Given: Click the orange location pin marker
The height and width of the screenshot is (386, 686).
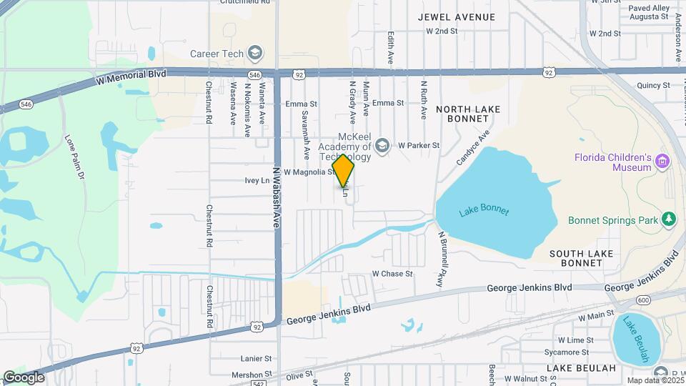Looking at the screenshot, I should [344, 171].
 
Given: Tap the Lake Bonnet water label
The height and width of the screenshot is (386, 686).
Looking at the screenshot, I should [484, 211].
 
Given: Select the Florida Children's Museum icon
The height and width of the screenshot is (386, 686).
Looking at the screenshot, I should [662, 162].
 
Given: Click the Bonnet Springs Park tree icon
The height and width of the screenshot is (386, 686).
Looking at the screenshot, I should [668, 219].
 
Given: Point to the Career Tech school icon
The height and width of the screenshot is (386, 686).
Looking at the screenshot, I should [255, 53].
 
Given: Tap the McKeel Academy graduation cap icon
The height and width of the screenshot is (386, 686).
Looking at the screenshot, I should [382, 145].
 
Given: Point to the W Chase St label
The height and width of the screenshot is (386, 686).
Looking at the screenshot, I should [392, 274].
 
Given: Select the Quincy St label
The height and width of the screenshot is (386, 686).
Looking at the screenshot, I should [653, 85].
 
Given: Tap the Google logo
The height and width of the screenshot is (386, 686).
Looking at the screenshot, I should [24, 377].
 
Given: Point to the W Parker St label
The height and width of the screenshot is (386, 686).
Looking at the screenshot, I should [419, 145].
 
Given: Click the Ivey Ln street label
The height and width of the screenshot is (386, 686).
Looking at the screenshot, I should [257, 181].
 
